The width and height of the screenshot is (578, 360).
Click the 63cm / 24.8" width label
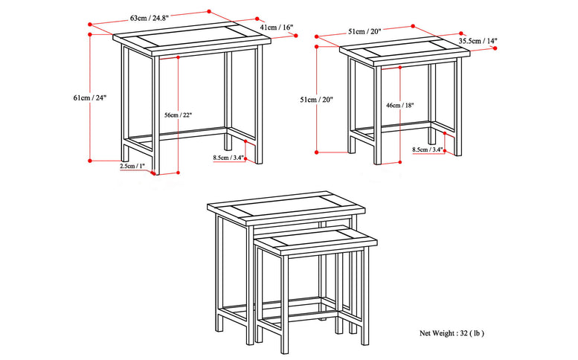(150, 18)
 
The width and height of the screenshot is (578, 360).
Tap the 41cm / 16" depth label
(277, 28)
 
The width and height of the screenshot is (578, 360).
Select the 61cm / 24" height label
(89, 97)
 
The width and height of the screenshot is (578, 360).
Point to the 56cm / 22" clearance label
(178, 115)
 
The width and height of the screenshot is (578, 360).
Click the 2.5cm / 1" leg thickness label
(132, 166)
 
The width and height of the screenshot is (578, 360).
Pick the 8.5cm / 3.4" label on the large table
(228, 158)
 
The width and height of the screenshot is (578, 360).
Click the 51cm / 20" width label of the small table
(365, 32)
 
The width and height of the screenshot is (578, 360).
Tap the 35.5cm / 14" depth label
(478, 41)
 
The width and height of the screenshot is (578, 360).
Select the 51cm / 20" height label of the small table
(316, 100)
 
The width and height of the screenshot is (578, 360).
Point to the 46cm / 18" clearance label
(400, 106)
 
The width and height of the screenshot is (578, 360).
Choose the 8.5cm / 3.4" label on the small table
(428, 150)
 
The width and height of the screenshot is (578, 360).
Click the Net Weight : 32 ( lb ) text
(452, 333)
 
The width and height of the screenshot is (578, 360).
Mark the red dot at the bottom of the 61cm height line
(89, 161)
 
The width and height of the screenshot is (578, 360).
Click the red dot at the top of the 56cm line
(178, 57)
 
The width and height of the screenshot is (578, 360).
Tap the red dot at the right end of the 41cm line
(295, 36)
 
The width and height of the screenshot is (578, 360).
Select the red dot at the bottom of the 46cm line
(400, 161)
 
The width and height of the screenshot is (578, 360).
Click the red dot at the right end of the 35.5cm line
(495, 48)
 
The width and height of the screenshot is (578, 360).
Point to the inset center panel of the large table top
(192, 36)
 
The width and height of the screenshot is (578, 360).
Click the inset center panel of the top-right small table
(405, 49)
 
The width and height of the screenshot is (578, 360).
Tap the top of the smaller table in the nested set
(316, 241)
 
